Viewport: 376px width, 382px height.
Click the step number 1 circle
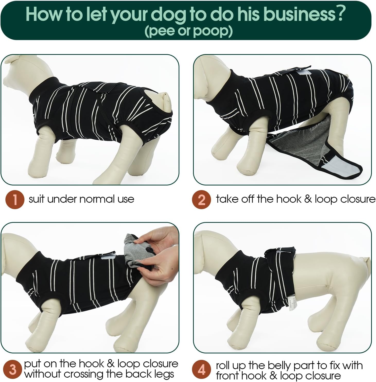click(x=15, y=199)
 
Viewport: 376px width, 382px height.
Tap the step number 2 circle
click(x=202, y=199)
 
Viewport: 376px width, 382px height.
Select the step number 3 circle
click(x=12, y=369)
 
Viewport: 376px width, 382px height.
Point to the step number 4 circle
click(x=202, y=369)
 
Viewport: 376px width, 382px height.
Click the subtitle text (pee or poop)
click(x=189, y=31)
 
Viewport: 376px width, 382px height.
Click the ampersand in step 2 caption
click(x=308, y=199)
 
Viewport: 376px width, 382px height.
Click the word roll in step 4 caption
click(x=223, y=366)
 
